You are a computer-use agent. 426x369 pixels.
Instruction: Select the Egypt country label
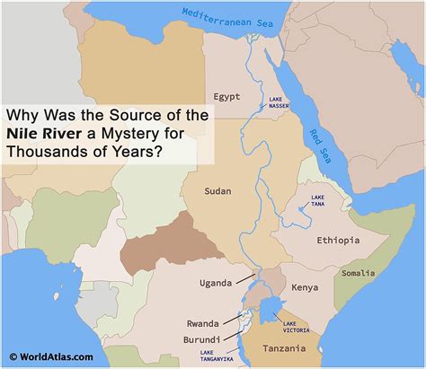click(x=228, y=96)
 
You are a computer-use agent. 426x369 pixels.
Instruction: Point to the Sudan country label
click(x=218, y=191)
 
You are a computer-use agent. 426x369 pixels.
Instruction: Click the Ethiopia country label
click(x=338, y=241)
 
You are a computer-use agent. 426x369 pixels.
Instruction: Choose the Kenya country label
click(x=305, y=288)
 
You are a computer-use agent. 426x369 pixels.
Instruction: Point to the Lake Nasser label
click(x=279, y=102)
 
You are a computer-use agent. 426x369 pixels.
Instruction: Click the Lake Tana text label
click(x=317, y=199)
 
